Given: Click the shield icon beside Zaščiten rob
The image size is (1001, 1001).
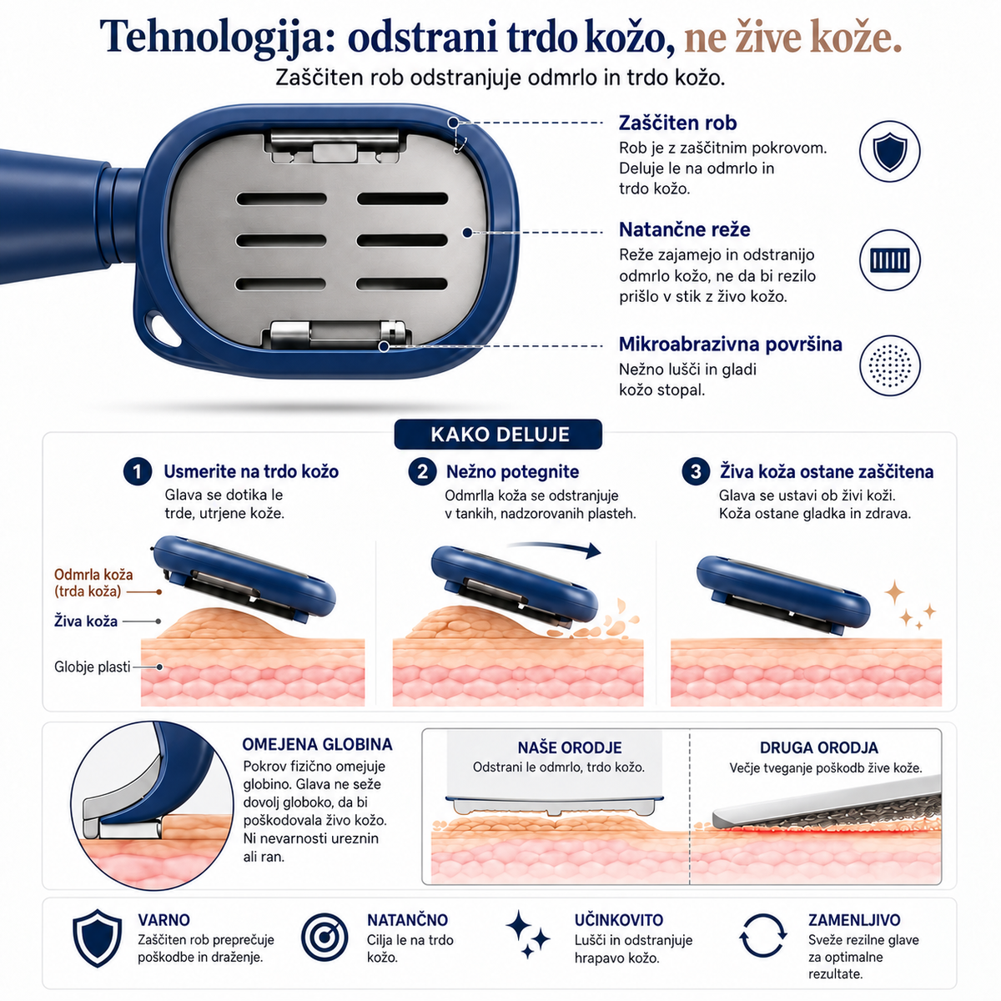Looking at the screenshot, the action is (x=889, y=151).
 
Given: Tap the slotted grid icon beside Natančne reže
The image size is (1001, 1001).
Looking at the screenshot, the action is (x=889, y=259).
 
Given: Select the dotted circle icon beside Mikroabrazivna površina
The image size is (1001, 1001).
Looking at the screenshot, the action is (x=889, y=365).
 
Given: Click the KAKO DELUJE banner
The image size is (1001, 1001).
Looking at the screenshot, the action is (x=499, y=435).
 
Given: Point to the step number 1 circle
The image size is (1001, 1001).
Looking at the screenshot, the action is (x=137, y=471).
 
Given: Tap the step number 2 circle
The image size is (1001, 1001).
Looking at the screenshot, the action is (x=422, y=471).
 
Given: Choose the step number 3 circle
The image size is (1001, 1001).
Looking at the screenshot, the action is (x=696, y=471).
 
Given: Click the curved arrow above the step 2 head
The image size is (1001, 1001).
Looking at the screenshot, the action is (x=554, y=546).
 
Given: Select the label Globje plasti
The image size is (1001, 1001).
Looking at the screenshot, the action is (x=92, y=667).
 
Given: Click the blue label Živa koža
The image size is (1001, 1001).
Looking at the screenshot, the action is (x=86, y=621).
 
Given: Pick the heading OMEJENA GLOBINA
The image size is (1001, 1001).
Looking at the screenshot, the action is (x=317, y=744).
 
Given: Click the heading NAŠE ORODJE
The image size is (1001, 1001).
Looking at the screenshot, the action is (x=570, y=747).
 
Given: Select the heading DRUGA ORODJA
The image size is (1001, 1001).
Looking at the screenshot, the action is (x=818, y=747).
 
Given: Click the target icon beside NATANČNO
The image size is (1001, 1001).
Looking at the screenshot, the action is (x=324, y=937).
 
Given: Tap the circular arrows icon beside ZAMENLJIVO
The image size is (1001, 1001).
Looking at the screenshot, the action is (x=762, y=936).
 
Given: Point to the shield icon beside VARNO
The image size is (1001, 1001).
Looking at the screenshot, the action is (x=97, y=938).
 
